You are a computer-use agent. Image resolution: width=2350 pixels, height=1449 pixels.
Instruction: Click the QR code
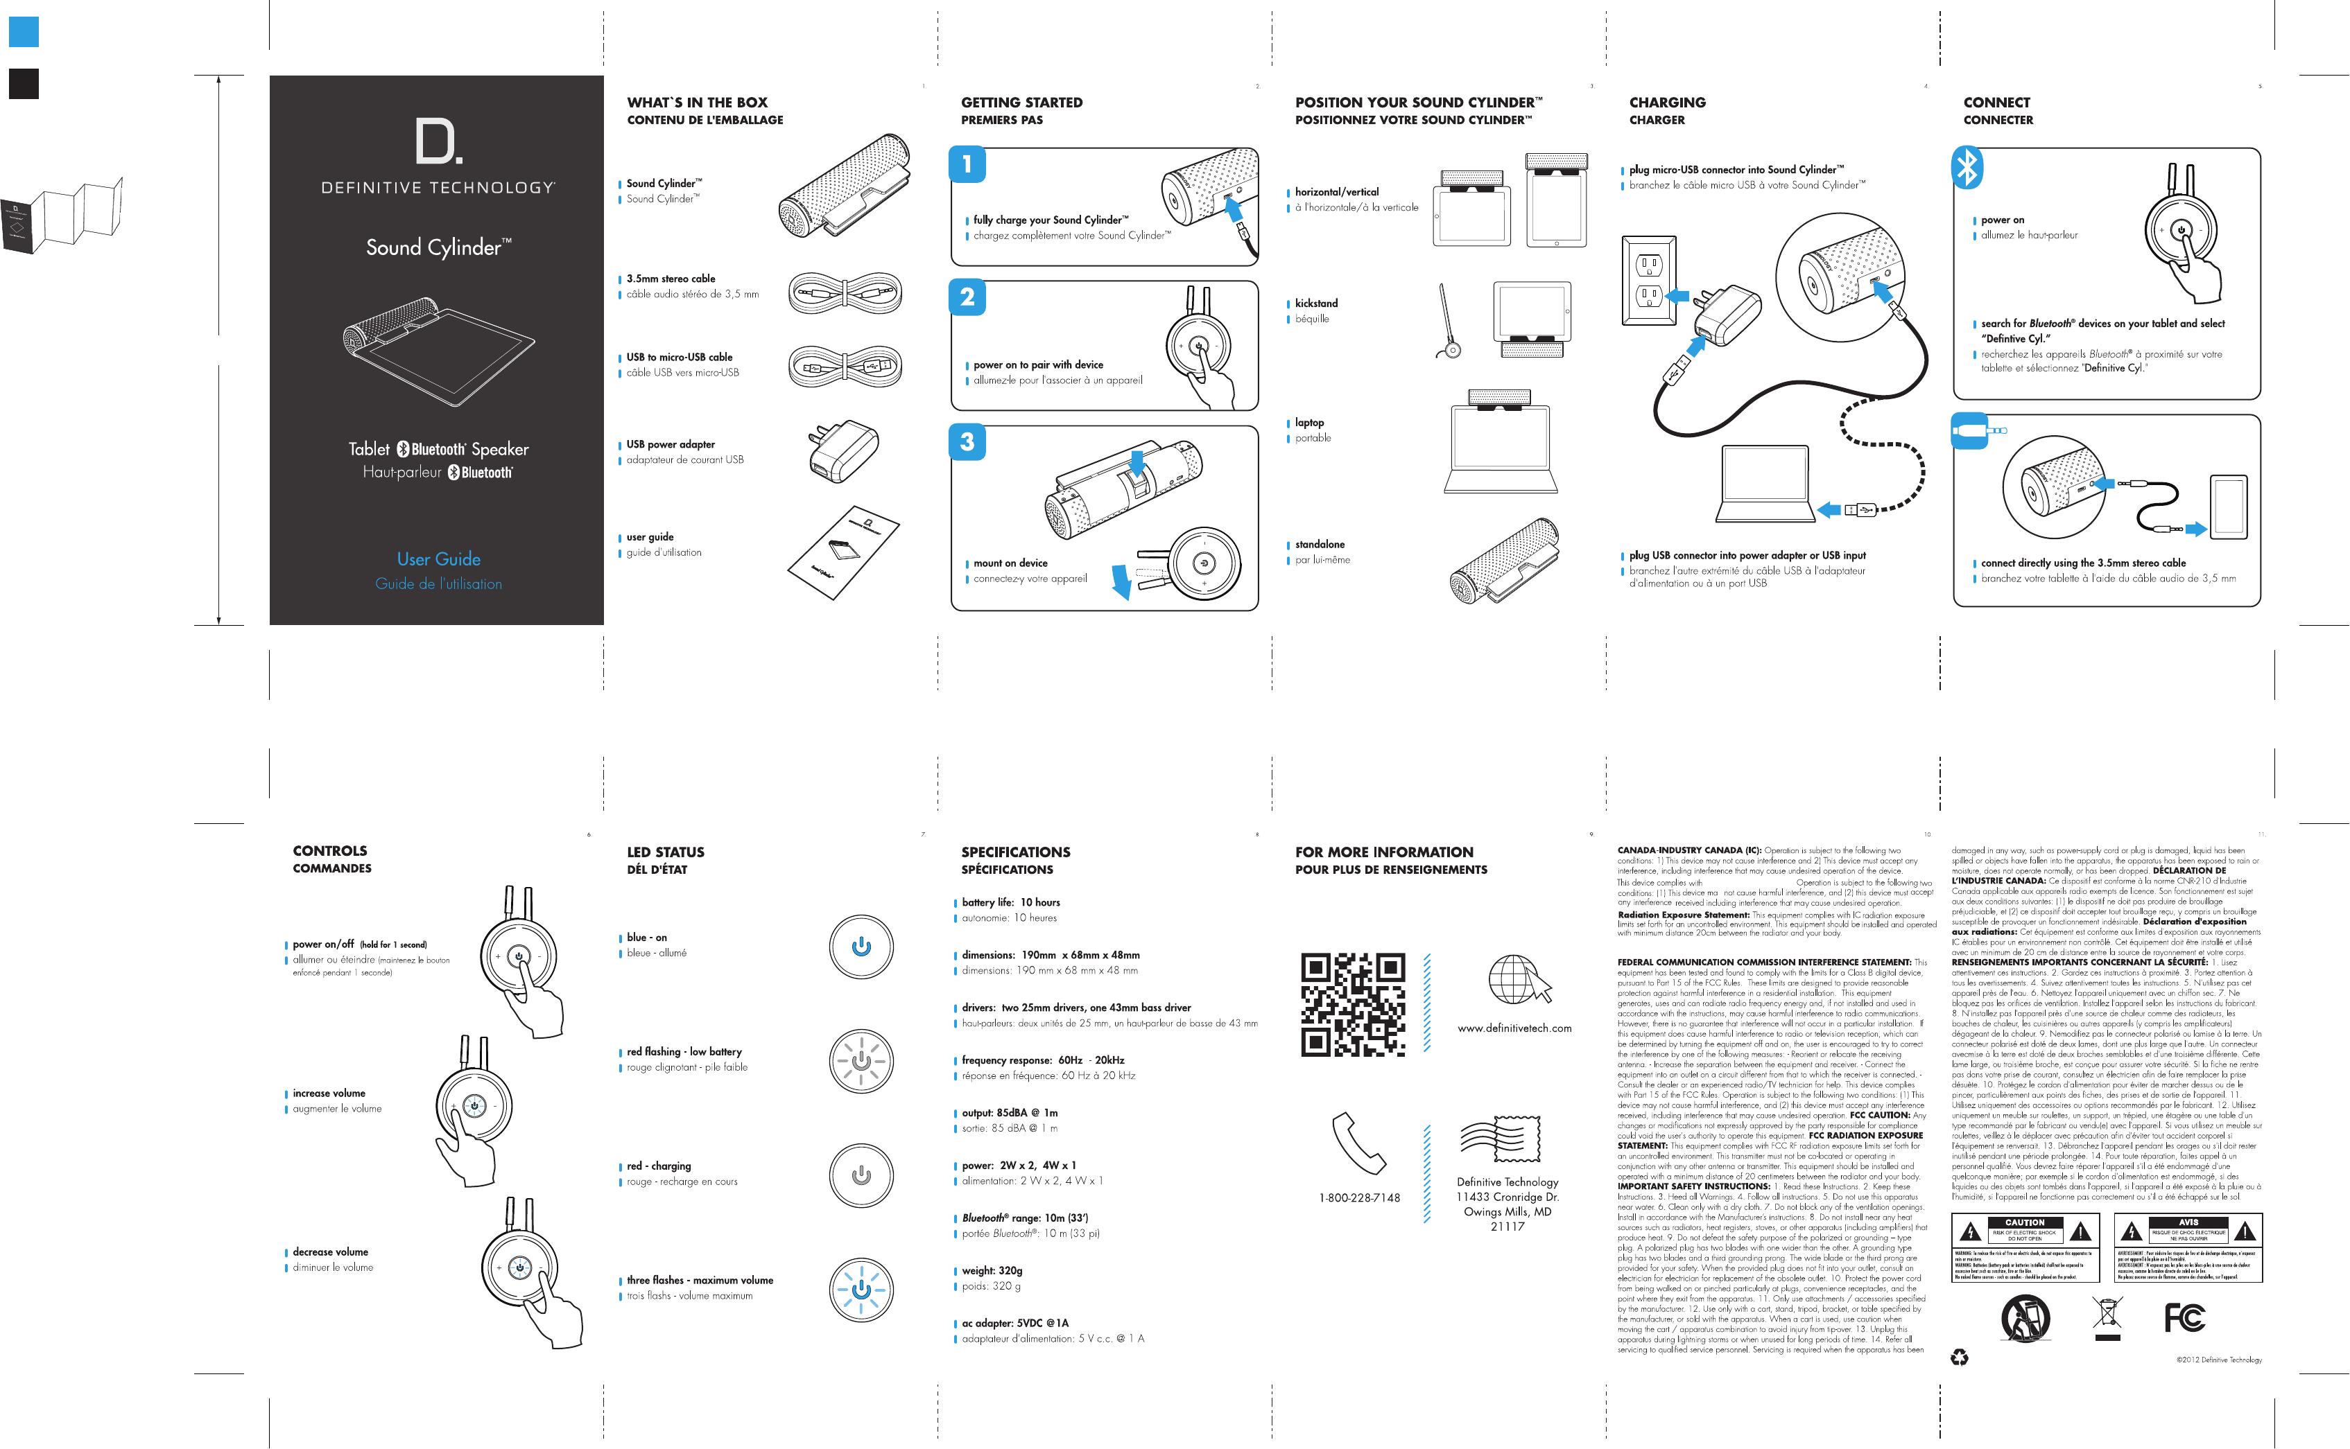coord(1352,1003)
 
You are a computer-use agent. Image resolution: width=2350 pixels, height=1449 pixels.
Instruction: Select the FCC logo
coord(2185,1319)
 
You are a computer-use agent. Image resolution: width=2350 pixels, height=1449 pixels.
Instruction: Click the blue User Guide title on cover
coord(438,559)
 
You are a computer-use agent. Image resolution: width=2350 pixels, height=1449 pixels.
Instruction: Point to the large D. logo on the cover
coord(438,142)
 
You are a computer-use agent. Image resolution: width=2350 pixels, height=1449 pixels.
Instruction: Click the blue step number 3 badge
coord(967,442)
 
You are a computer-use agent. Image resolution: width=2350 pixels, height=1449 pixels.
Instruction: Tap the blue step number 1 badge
coord(967,164)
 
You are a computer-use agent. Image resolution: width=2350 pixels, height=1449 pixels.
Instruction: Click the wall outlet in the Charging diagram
coord(1647,281)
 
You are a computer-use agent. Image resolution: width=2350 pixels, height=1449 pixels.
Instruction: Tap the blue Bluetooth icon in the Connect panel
coord(1967,168)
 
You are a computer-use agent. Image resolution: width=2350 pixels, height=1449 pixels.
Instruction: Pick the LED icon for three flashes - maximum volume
coord(861,1289)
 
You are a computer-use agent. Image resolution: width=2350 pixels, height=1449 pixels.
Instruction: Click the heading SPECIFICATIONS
coord(1015,852)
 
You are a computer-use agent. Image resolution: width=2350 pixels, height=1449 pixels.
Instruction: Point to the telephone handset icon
coord(1358,1142)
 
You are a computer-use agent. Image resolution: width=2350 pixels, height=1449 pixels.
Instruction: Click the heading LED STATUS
coord(666,852)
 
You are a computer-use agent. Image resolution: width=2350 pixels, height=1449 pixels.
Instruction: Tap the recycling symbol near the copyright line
coord(1960,1357)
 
